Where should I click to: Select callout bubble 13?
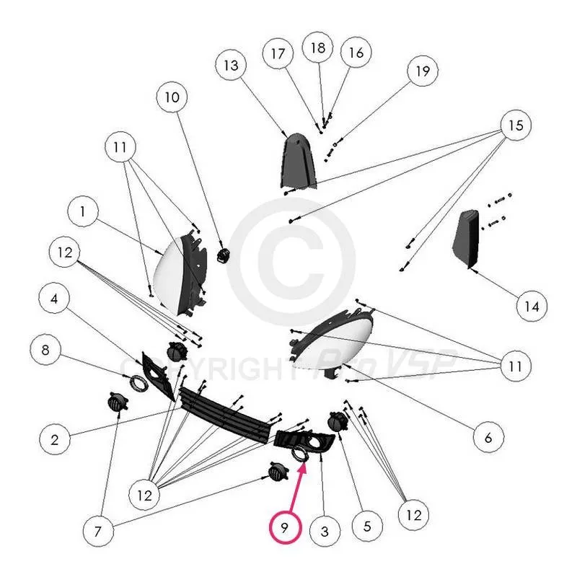pos(231,66)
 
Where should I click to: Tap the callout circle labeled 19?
pos(423,71)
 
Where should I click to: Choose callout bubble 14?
pos(532,306)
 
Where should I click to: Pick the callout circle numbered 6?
pos(488,436)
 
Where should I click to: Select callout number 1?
pos(83,213)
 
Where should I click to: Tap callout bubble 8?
pos(45,351)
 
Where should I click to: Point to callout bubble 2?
pos(54,438)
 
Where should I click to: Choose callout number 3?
pos(325,532)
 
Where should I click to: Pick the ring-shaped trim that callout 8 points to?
pos(137,382)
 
